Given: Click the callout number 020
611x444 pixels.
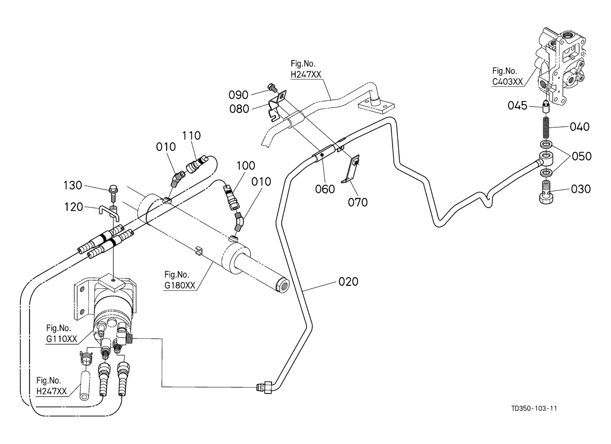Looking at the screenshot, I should tap(348, 282).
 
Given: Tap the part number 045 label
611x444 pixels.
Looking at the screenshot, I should tap(518, 106).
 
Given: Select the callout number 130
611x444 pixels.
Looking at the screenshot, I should tap(73, 185).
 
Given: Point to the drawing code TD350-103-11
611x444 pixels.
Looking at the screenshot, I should tap(534, 408).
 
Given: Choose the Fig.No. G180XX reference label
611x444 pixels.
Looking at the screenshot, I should tap(179, 280).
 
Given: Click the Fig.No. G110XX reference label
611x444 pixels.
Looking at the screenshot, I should tap(61, 334).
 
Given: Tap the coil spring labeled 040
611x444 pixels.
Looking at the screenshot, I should tap(546, 127).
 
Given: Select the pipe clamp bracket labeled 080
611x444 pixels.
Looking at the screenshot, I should tap(277, 106).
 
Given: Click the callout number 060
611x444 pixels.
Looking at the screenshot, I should tap(325, 189).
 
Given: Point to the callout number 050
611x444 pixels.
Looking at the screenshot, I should tap(581, 156).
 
